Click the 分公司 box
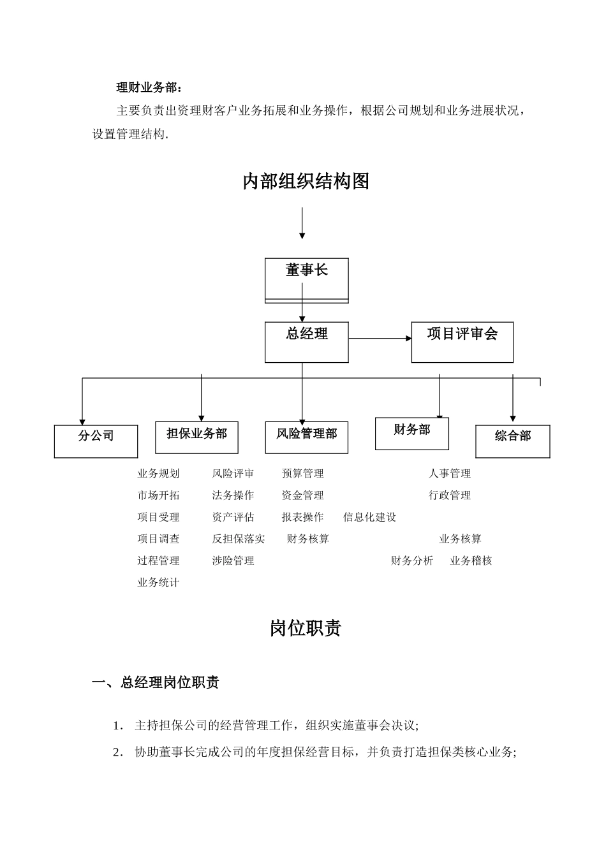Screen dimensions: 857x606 pyautogui.click(x=96, y=441)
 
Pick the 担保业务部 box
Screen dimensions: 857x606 pyautogui.click(x=196, y=437)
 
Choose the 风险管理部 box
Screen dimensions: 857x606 pyautogui.click(x=306, y=437)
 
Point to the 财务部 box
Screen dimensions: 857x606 pyautogui.click(x=411, y=434)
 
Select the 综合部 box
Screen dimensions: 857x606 pyautogui.click(x=512, y=441)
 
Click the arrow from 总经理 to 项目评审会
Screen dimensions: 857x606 pyautogui.click(x=380, y=339)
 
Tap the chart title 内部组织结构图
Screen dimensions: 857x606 pyautogui.click(x=306, y=182)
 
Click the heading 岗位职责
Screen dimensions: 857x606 pyautogui.click(x=306, y=629)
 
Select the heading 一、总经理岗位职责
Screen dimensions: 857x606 pyautogui.click(x=156, y=683)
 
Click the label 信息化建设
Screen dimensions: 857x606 pyautogui.click(x=369, y=517)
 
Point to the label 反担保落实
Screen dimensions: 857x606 pyautogui.click(x=238, y=539)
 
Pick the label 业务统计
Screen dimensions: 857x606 pyautogui.click(x=158, y=582)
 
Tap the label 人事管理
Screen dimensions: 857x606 pyautogui.click(x=449, y=474)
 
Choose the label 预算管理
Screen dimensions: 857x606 pyautogui.click(x=302, y=474)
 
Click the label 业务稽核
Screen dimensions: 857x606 pyautogui.click(x=471, y=560)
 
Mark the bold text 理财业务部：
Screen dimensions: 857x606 pyautogui.click(x=149, y=88)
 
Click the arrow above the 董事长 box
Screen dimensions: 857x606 pyautogui.click(x=302, y=223)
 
